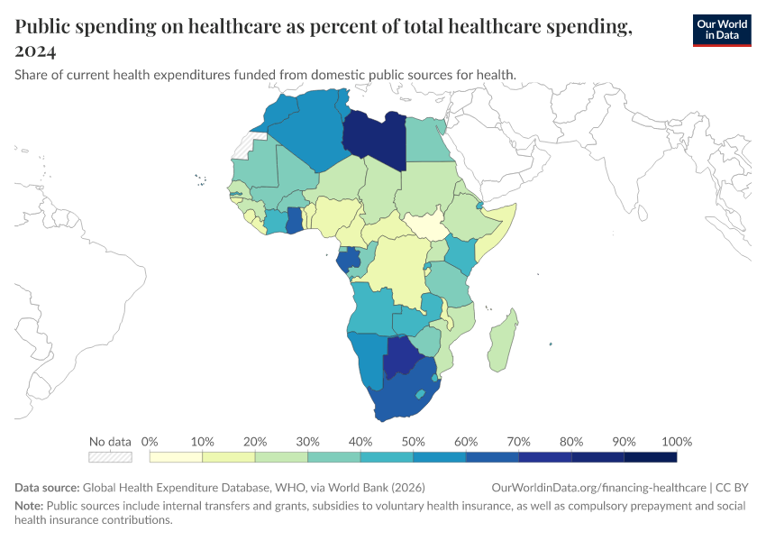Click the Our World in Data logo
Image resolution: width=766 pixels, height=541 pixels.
tap(721, 30)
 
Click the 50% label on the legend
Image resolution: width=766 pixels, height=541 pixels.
tap(414, 442)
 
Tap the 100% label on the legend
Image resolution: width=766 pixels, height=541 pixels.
tap(676, 442)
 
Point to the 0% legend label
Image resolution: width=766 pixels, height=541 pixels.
tap(150, 442)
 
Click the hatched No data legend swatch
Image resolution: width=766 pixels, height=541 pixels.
tap(110, 457)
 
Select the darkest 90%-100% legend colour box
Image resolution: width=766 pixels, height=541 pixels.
tap(650, 457)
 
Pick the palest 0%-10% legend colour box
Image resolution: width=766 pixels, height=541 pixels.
tap(177, 457)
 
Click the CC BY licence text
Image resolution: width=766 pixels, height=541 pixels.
tap(733, 487)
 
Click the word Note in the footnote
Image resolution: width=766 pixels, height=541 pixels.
tap(29, 506)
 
